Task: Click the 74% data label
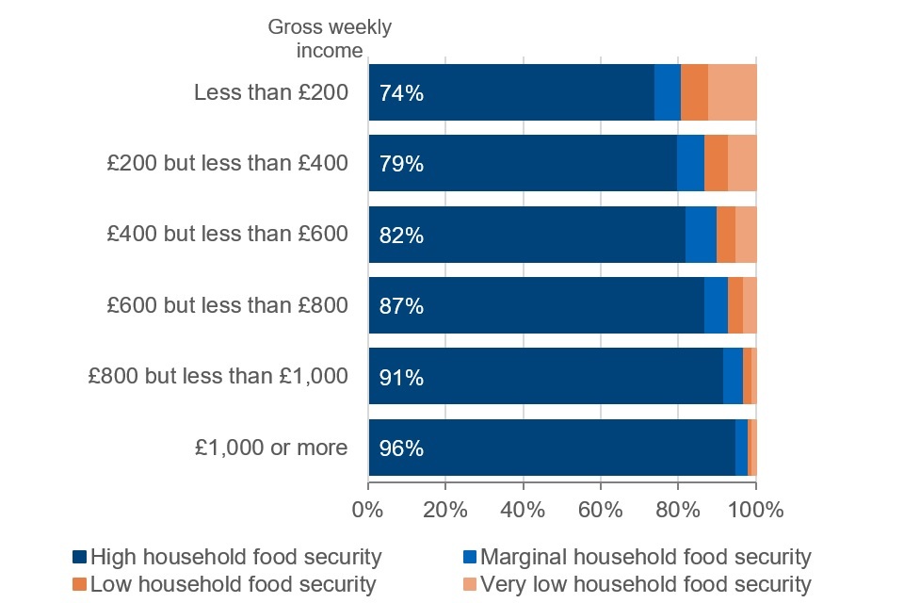(x=401, y=93)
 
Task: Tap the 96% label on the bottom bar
(x=401, y=448)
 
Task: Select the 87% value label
(x=401, y=306)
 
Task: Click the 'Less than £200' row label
(x=271, y=93)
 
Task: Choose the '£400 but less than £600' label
(x=227, y=236)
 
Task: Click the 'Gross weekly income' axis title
(x=330, y=39)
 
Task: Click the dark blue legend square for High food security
(x=79, y=557)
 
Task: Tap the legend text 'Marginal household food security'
(x=645, y=557)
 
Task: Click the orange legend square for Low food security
(x=79, y=585)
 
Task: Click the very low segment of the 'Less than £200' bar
(x=732, y=92)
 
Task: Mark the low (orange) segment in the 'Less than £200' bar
(x=694, y=92)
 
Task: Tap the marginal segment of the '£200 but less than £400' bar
(x=690, y=163)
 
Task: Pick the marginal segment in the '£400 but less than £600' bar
(x=701, y=235)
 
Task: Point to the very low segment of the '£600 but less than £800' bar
(x=750, y=305)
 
